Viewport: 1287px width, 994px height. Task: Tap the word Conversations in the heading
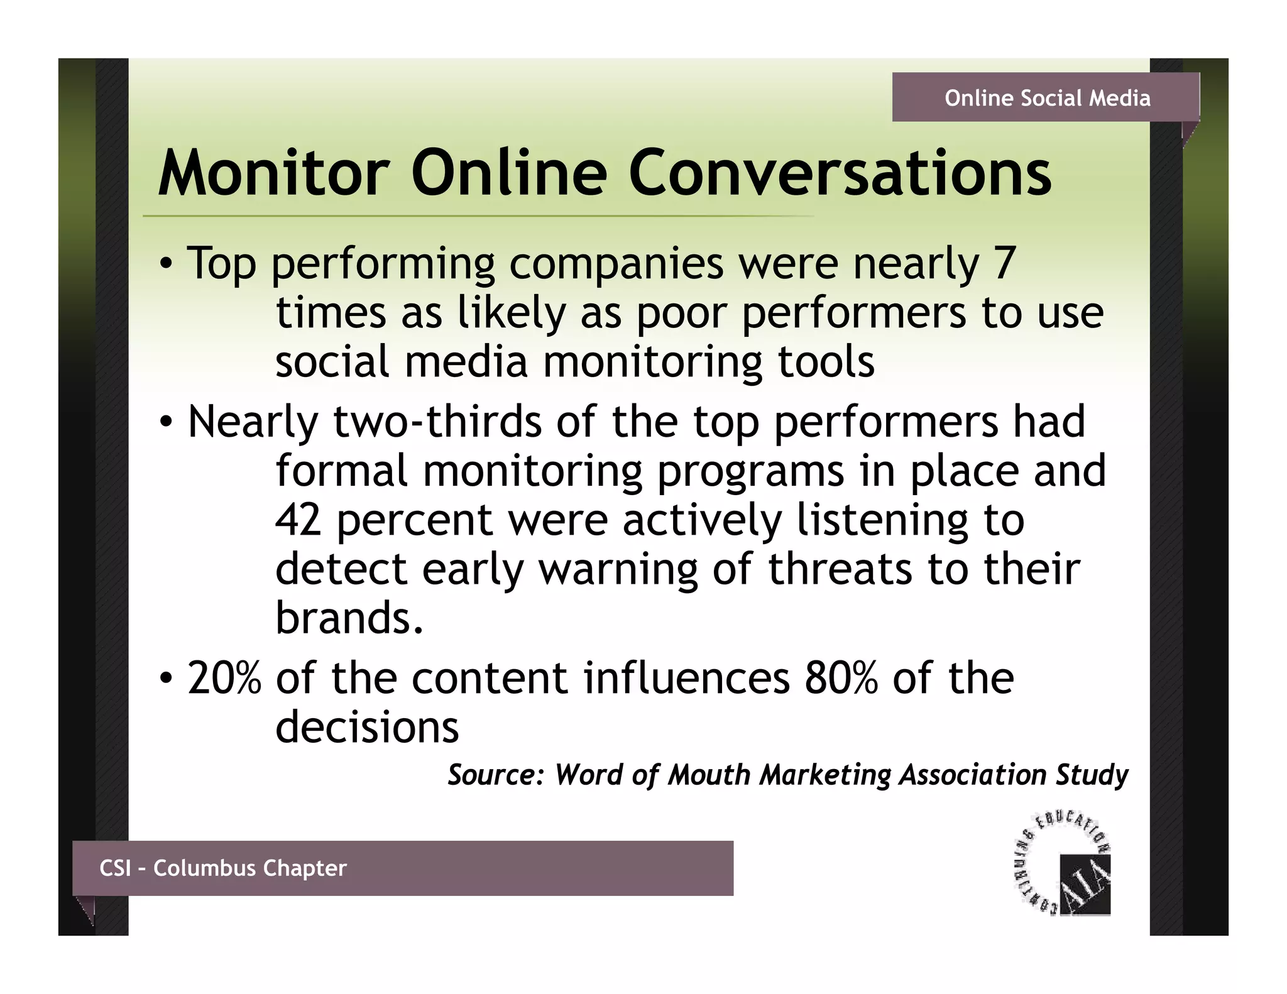(x=840, y=173)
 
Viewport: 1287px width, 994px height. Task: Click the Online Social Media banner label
(x=1047, y=98)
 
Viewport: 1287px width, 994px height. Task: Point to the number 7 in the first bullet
(x=1004, y=263)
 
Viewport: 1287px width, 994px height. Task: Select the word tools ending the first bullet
(x=826, y=363)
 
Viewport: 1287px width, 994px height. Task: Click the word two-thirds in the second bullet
(x=437, y=422)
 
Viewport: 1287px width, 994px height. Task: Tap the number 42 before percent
(x=298, y=520)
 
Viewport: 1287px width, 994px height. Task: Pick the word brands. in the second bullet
(x=349, y=618)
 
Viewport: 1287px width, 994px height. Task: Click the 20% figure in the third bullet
(x=224, y=679)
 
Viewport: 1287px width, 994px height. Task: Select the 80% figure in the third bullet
(x=841, y=679)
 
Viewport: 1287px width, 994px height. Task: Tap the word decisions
(x=367, y=728)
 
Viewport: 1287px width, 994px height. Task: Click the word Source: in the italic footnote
(x=495, y=775)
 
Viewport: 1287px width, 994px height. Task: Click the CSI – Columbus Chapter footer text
(x=223, y=868)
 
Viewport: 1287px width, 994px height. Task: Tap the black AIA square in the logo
(x=1085, y=885)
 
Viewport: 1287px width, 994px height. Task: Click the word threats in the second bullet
(x=840, y=569)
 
